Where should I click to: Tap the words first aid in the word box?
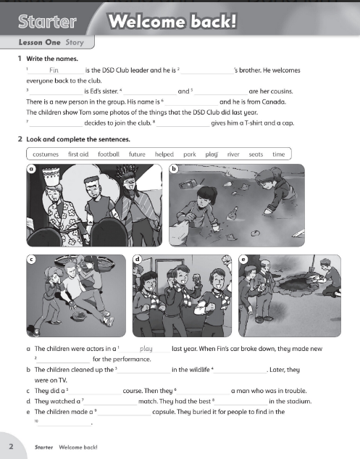coord(78,154)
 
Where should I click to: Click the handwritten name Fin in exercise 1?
coord(53,70)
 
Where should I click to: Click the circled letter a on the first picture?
coord(31,169)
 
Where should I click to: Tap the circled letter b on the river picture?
coord(172,169)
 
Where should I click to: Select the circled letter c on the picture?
coord(31,259)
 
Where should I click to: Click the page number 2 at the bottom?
coord(12,447)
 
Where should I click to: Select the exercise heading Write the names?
coord(53,58)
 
